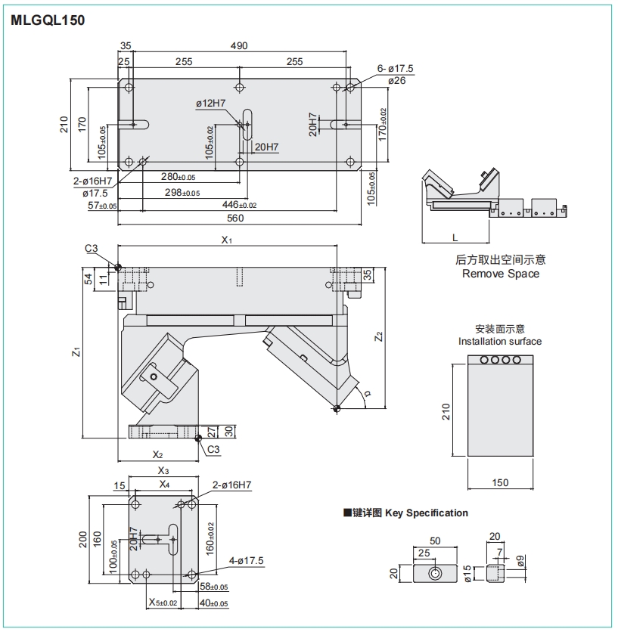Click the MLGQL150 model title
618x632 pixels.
click(x=47, y=20)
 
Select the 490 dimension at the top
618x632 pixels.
click(x=239, y=46)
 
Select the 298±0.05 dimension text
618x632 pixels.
click(x=182, y=192)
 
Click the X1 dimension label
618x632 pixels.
click(x=227, y=240)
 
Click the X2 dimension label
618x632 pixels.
click(x=157, y=455)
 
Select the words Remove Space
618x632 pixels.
click(x=501, y=274)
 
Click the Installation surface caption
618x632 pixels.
click(x=500, y=341)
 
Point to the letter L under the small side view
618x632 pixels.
click(x=455, y=237)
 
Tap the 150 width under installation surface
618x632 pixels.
click(x=500, y=482)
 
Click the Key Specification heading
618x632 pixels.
click(x=427, y=513)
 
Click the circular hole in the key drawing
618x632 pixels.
click(x=436, y=573)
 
